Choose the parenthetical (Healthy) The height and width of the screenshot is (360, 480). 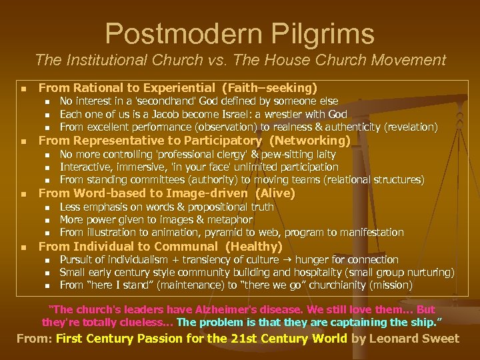tap(255, 246)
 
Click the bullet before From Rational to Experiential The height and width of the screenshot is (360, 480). tap(23, 88)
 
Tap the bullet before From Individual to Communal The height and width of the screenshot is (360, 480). tap(23, 247)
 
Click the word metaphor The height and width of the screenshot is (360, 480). tap(231, 219)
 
